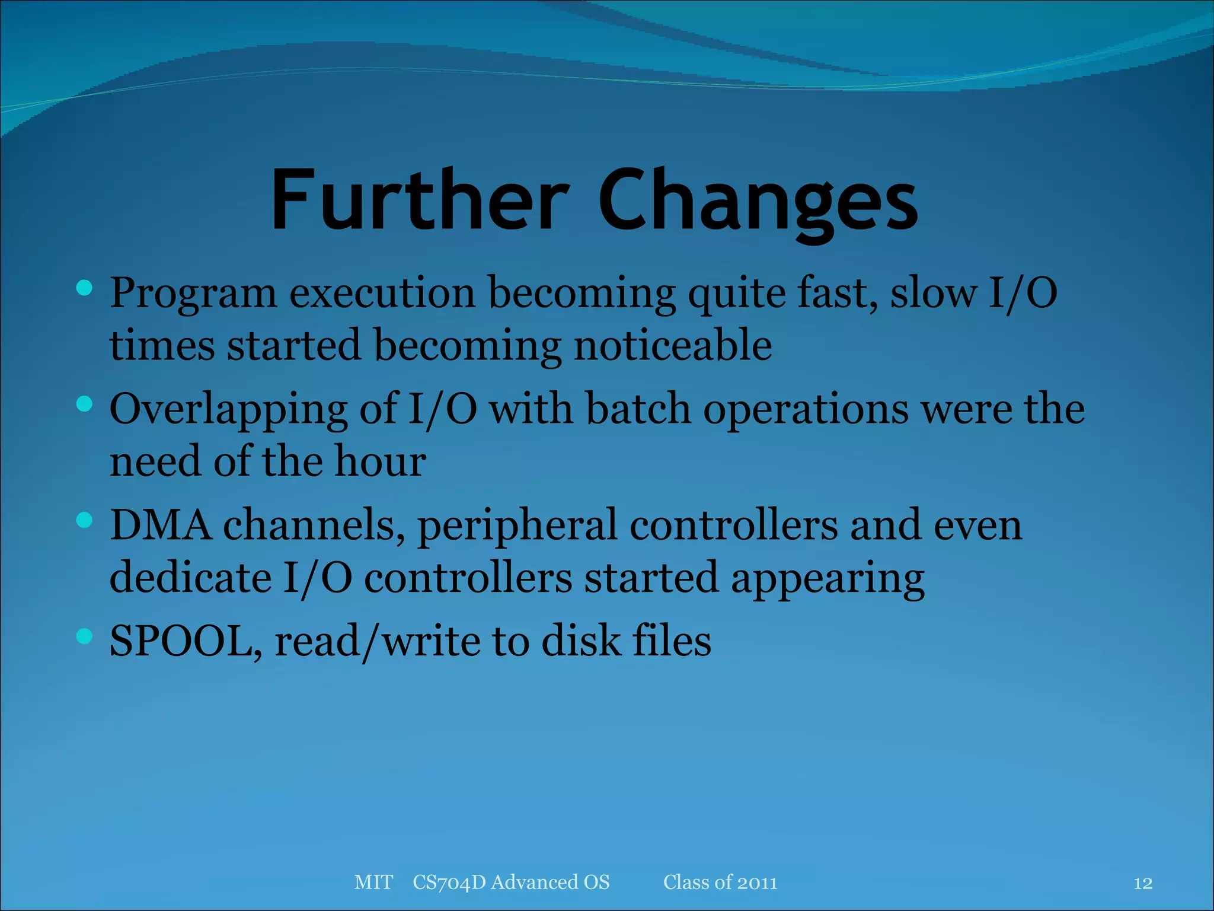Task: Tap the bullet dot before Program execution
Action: click(85, 289)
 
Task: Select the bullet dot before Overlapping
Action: click(85, 404)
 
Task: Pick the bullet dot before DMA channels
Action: click(85, 521)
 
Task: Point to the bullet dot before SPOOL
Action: click(85, 636)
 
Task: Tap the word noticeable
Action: click(673, 345)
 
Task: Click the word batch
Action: click(638, 409)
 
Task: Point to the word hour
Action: click(380, 461)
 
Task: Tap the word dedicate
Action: click(190, 577)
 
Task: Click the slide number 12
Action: click(1143, 883)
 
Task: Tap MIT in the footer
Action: click(373, 882)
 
